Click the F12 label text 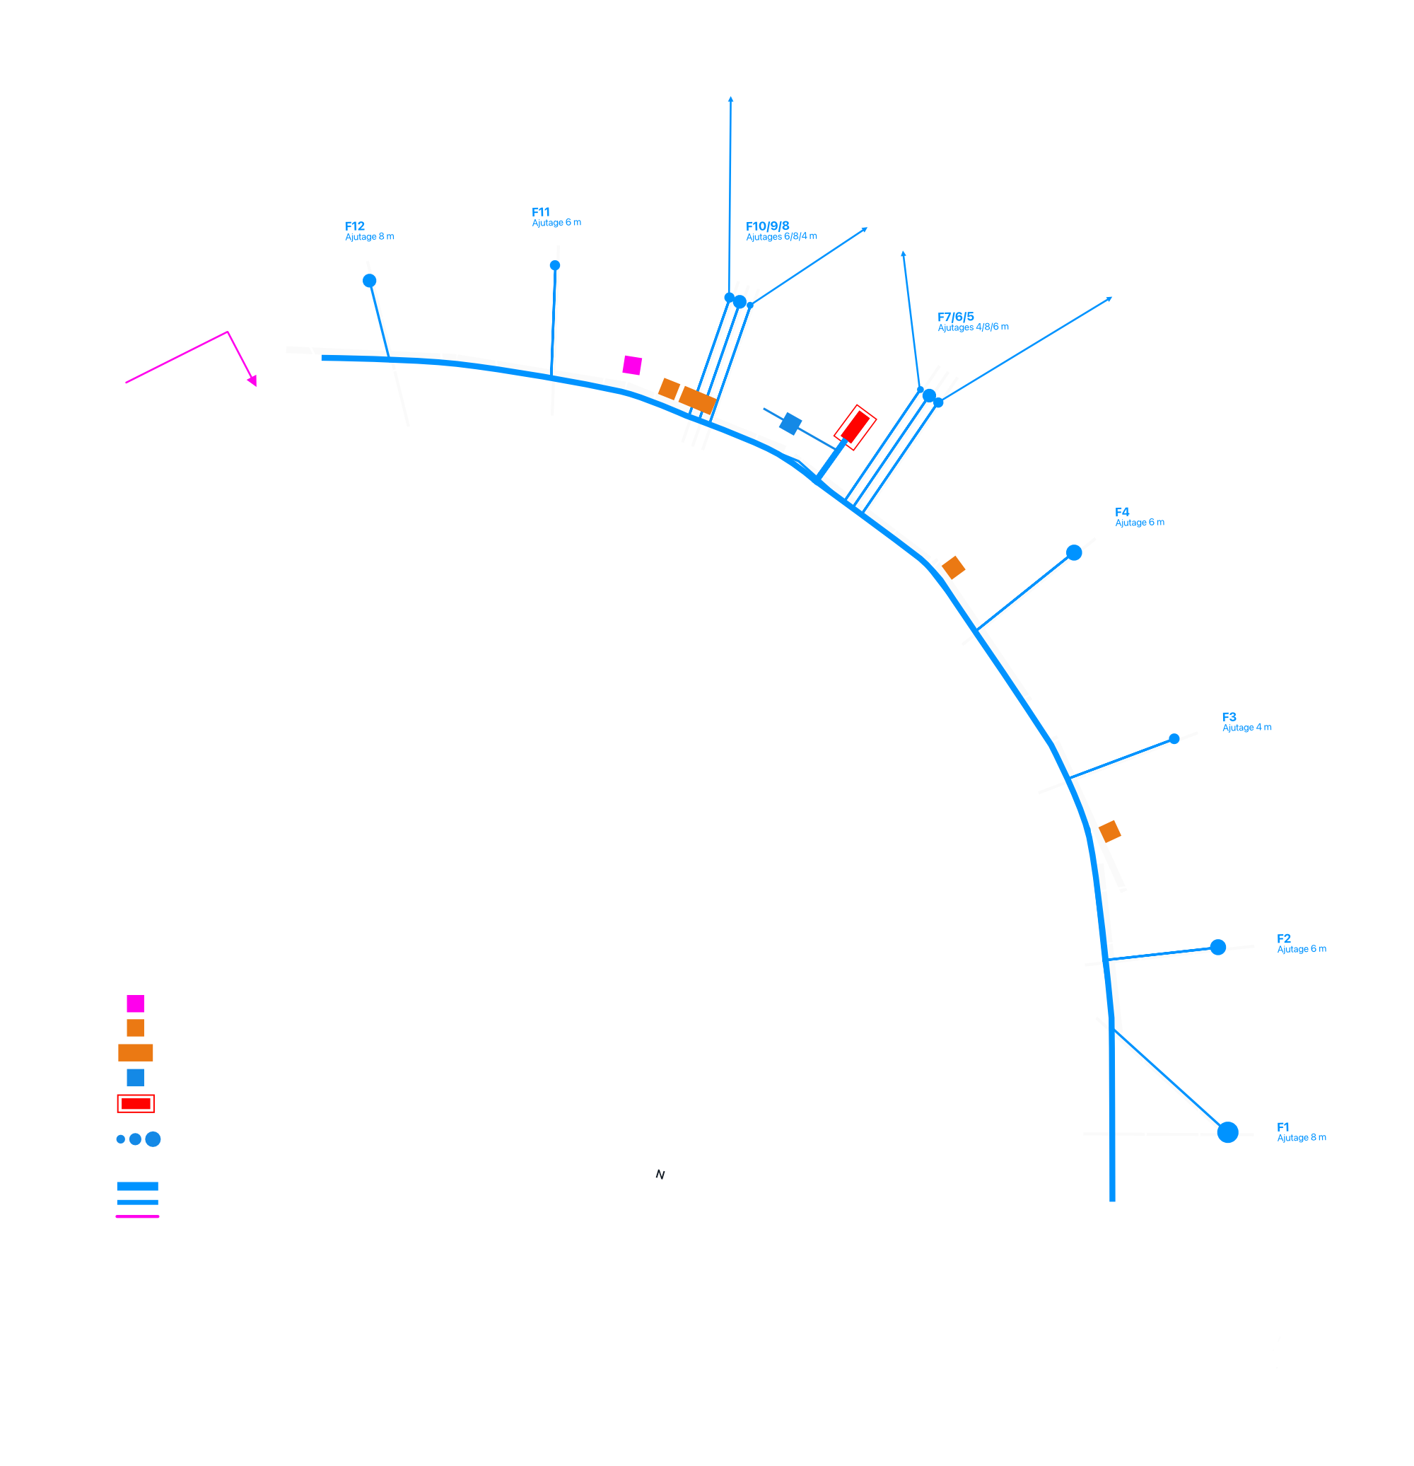(x=354, y=226)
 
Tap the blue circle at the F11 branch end (x=555, y=265)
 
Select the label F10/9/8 (x=767, y=226)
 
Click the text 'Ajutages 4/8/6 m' (x=973, y=327)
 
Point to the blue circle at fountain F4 (x=1074, y=553)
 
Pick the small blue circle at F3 (x=1174, y=739)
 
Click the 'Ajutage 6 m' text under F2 (x=1301, y=949)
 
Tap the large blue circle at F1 (x=1228, y=1132)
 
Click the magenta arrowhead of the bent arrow (x=252, y=380)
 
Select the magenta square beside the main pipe (x=632, y=365)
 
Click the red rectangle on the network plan (x=855, y=428)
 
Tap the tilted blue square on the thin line (x=790, y=424)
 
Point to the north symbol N (x=660, y=1175)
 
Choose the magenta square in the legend (x=135, y=1003)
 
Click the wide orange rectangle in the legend (x=135, y=1052)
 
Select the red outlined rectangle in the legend (x=136, y=1103)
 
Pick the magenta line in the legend (x=138, y=1216)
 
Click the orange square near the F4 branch (x=953, y=568)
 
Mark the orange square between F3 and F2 (x=1110, y=831)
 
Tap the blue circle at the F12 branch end (x=369, y=281)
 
